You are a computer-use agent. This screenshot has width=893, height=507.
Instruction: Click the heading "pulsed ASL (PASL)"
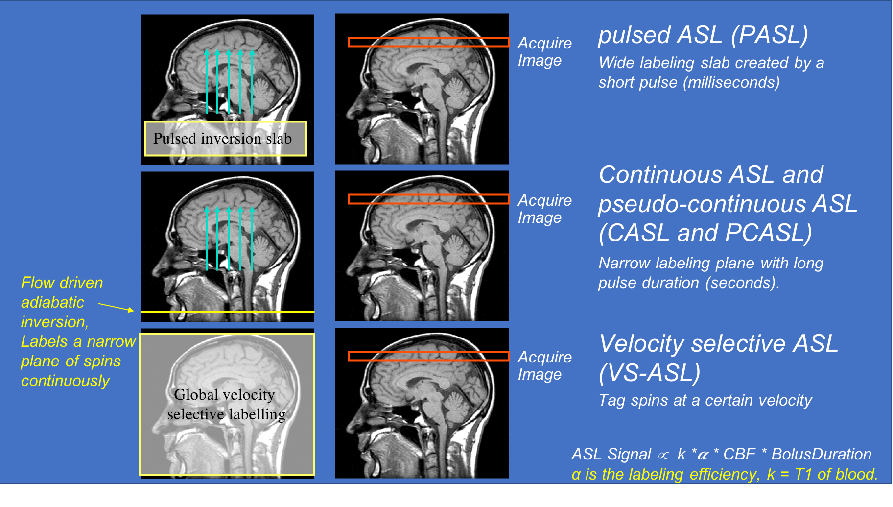[x=703, y=35]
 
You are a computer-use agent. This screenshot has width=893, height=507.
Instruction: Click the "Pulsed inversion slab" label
[x=223, y=139]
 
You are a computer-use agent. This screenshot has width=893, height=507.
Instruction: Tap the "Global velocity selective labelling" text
[x=226, y=405]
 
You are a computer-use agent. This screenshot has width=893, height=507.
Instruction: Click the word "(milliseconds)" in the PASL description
[x=731, y=82]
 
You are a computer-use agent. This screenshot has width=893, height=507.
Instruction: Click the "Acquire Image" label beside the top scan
[x=544, y=51]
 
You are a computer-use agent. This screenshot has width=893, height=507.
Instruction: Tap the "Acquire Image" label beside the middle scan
[x=544, y=209]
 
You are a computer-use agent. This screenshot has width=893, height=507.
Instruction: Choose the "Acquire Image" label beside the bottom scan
[x=544, y=365]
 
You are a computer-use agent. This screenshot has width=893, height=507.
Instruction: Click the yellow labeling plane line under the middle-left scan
[x=228, y=312]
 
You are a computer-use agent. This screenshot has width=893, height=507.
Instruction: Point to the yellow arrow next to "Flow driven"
[x=116, y=307]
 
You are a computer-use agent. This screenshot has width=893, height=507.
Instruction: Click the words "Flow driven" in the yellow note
[x=62, y=283]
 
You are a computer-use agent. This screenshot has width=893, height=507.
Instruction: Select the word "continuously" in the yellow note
[x=65, y=381]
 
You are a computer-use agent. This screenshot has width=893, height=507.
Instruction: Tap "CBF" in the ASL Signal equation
[x=739, y=454]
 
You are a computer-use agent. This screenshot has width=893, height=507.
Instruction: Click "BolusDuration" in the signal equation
[x=821, y=454]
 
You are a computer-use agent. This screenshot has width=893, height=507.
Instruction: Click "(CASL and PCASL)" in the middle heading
[x=705, y=233]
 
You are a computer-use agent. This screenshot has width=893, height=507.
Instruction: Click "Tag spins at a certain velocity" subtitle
[x=705, y=400]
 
